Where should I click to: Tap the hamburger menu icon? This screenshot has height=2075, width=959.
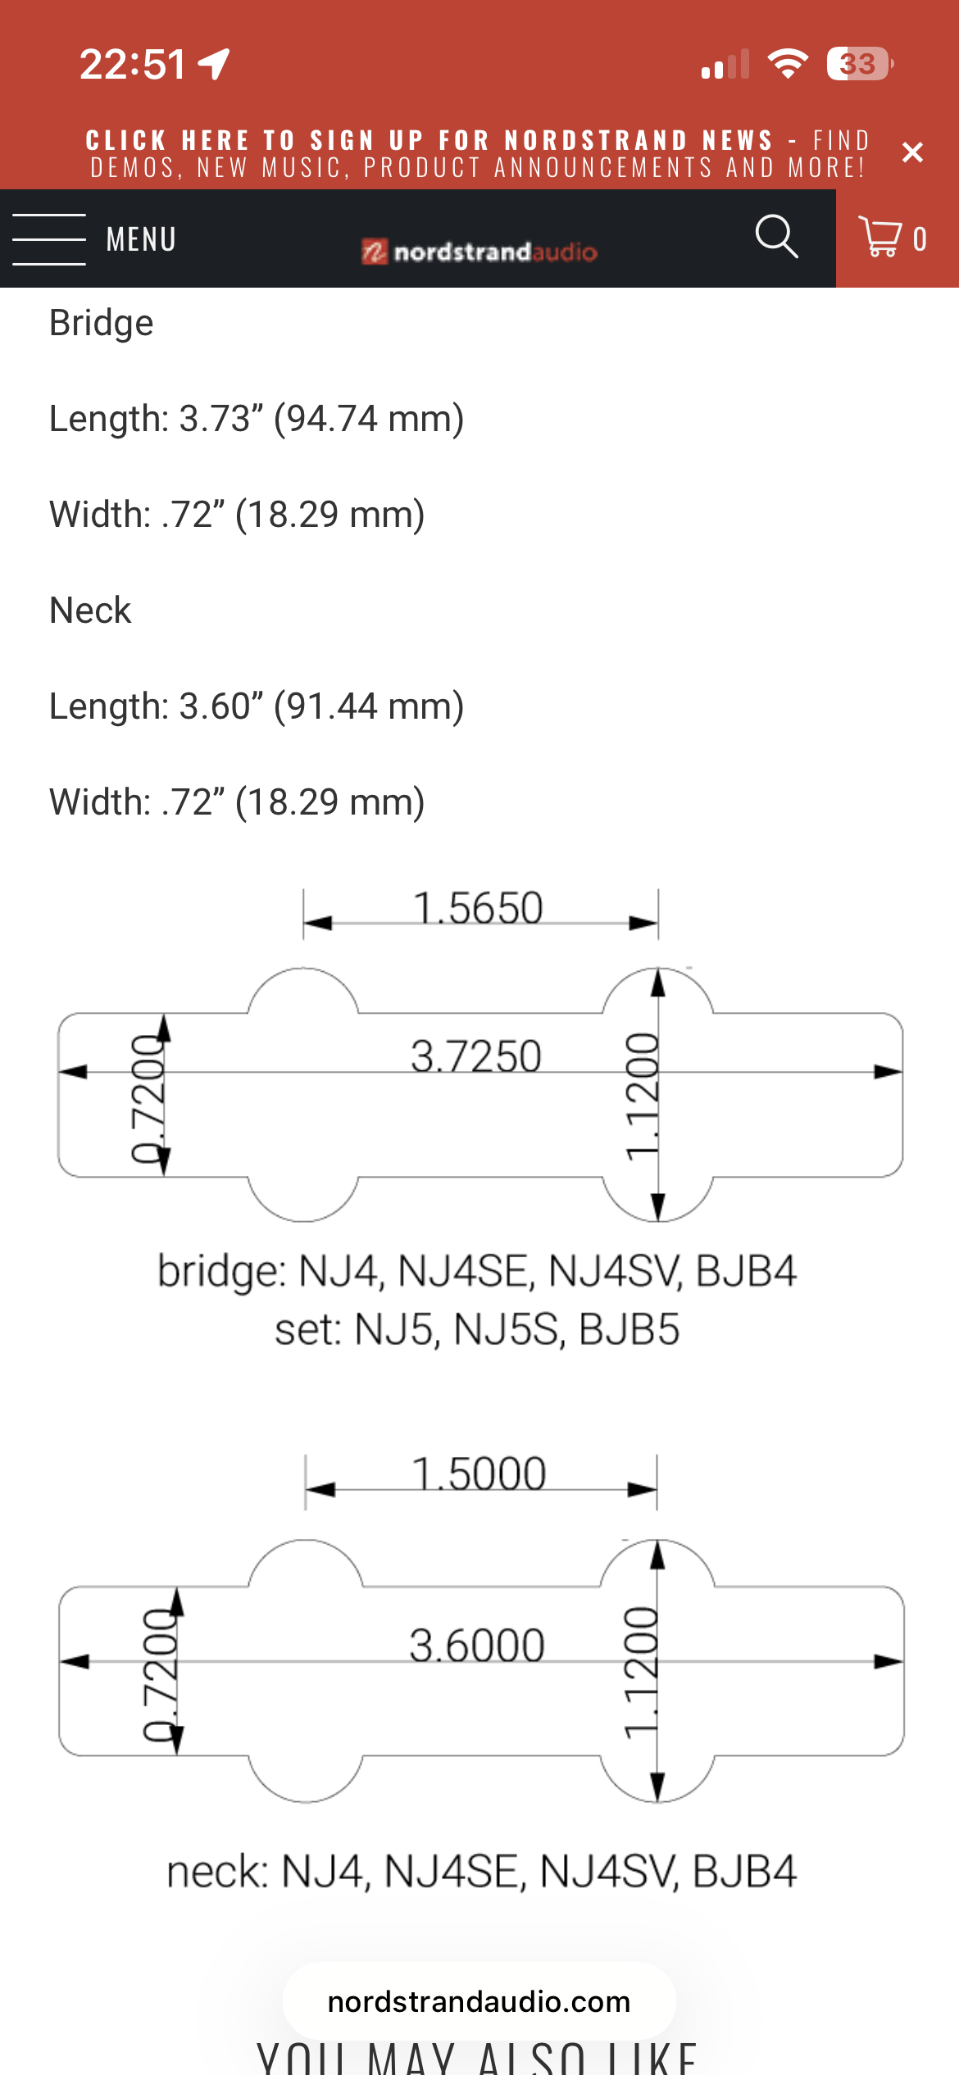coord(49,239)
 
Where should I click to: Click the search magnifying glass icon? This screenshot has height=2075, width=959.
coord(775,238)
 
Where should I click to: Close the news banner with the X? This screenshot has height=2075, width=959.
coord(912,152)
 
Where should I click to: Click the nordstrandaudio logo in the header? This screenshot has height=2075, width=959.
coord(479,251)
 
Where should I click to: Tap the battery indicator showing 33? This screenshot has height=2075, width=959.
coord(858,64)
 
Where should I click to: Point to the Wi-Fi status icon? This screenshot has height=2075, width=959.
coord(788,64)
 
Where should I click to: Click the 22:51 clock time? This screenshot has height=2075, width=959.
coord(133,64)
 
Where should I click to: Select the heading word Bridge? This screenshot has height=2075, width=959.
coord(102,323)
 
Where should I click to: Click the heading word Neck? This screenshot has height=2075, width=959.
coord(90,611)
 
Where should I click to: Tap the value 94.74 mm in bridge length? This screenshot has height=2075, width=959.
coord(369,419)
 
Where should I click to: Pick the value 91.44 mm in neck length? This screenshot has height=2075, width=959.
coord(369,706)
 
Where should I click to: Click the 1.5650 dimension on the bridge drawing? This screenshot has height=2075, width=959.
coord(478,908)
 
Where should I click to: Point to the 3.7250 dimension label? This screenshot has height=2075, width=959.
coord(476,1056)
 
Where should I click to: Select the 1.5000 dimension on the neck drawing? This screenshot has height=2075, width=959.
coord(479,1473)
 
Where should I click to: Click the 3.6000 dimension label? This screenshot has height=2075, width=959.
coord(477,1646)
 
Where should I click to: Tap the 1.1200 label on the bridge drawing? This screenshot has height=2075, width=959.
coord(642,1096)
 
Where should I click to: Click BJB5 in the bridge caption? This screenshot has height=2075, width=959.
coord(629,1329)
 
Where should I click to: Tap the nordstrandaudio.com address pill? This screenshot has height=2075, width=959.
coord(479,2001)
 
